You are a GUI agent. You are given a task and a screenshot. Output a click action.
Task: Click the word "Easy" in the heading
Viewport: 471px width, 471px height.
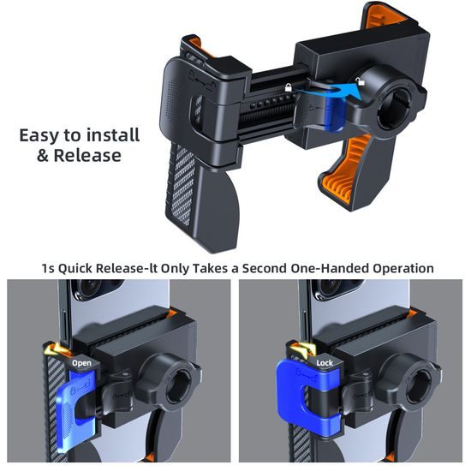click(39, 136)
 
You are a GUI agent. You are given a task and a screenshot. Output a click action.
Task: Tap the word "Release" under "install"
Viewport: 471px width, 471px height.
click(87, 156)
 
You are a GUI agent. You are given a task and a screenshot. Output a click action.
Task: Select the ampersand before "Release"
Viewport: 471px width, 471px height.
click(43, 156)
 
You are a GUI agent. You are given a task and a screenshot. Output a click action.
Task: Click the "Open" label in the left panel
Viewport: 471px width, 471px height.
click(81, 363)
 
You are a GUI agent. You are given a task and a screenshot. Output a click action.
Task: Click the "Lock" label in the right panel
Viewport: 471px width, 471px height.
click(325, 363)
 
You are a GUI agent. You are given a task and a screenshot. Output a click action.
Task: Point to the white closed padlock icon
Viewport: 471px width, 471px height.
click(288, 87)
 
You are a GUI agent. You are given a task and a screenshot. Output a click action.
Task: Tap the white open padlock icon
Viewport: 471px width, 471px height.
click(360, 81)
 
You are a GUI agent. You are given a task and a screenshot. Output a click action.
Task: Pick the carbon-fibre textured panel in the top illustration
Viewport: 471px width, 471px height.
click(182, 185)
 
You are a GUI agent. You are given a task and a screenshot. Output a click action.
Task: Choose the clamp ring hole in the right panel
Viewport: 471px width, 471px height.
click(418, 387)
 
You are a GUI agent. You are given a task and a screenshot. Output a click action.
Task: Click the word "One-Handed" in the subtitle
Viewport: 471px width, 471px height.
click(330, 268)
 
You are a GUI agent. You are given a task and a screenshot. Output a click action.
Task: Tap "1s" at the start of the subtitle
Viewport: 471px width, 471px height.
click(48, 269)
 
